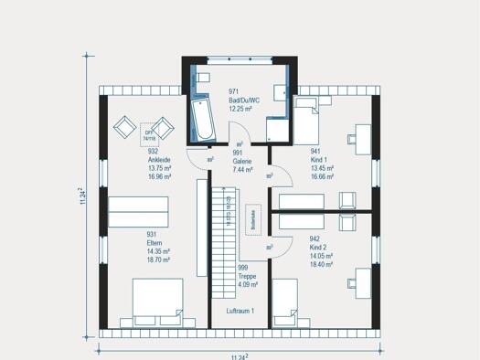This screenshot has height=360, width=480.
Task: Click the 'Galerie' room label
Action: click(x=242, y=160)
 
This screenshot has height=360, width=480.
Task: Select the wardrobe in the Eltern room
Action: click(x=138, y=212)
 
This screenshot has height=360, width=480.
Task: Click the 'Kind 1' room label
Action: click(x=320, y=160)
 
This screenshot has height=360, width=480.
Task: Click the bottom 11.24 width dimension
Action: click(x=240, y=355)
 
